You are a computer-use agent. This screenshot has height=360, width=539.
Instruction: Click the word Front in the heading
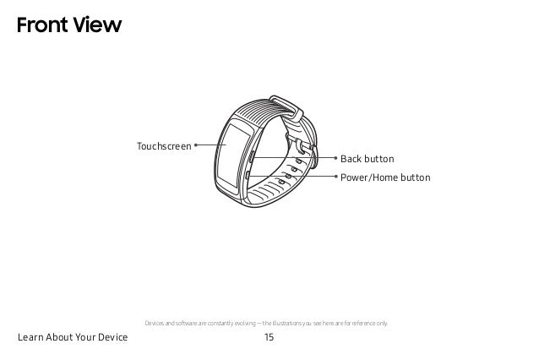[x=38, y=26]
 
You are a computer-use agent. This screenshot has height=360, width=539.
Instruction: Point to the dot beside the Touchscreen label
[x=195, y=145]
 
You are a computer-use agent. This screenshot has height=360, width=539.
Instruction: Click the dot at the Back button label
[x=335, y=158]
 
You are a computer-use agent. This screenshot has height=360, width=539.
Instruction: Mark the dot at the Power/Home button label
[x=335, y=177]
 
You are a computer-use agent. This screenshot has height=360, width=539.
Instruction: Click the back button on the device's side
[x=252, y=157]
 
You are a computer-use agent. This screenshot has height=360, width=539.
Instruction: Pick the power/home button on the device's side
[x=250, y=177]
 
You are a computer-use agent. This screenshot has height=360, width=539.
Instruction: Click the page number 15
[x=269, y=338]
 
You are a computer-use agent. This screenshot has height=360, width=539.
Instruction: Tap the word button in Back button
[x=379, y=159]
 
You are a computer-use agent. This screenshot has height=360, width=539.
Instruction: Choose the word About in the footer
[x=63, y=338]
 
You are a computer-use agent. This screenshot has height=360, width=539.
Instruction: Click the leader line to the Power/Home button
[x=296, y=177]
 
